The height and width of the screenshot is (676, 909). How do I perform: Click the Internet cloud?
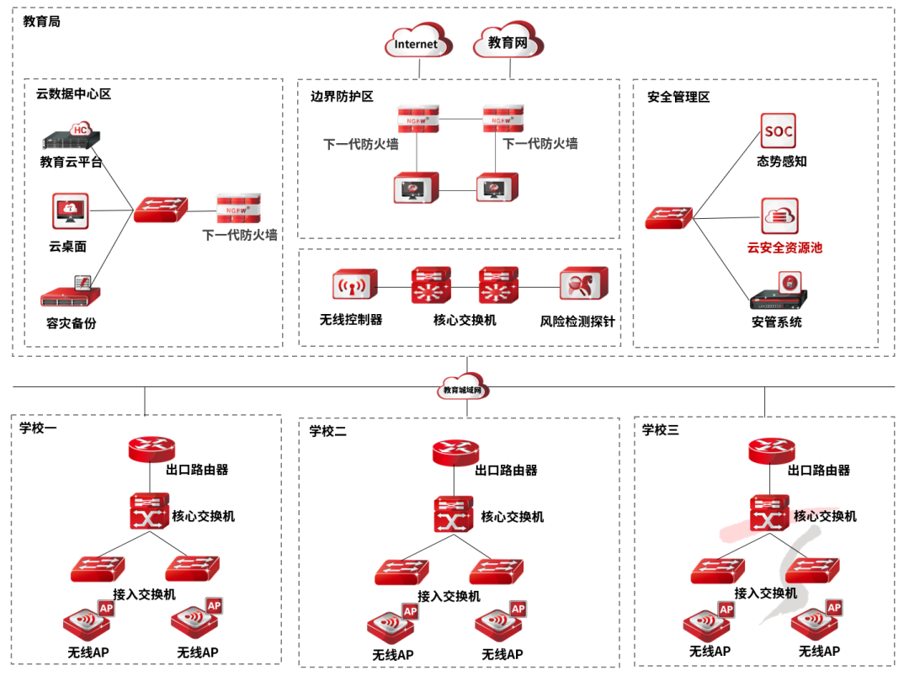pos(418,42)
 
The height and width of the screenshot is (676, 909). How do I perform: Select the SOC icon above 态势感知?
pos(778,131)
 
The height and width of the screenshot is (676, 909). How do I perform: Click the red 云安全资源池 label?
pos(784,248)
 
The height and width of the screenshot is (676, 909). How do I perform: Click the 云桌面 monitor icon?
pos(70,211)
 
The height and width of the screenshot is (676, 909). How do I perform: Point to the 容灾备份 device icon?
pos(71,293)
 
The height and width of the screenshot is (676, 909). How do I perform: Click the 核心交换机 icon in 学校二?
pos(454,514)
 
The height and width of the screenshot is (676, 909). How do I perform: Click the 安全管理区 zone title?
pos(678,97)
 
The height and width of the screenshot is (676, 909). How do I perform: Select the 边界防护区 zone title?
pos(342,96)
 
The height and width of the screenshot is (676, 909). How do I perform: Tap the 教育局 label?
pos(42,21)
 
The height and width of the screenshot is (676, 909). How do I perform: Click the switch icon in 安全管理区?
pos(670,218)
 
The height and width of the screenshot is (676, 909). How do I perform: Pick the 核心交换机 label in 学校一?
pos(203,515)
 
